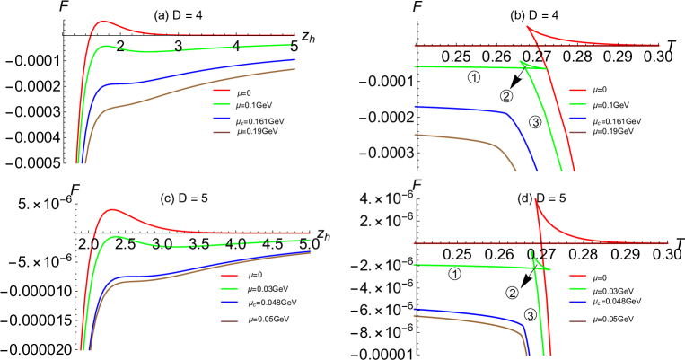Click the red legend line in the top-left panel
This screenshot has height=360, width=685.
coord(222,90)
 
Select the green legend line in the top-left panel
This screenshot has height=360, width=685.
coord(222,104)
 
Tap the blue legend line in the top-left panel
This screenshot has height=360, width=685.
coord(222,119)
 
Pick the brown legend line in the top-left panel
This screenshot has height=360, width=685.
coord(222,132)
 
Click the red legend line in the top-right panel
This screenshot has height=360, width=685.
coord(577,90)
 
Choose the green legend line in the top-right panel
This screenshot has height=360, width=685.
coord(577,104)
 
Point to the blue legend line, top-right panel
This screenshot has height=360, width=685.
coord(577,119)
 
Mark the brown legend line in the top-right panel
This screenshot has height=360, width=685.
coord(577,132)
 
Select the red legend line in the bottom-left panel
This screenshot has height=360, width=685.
coord(230,276)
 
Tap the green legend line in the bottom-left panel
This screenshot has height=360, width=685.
coord(230,289)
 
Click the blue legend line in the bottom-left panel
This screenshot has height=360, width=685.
coord(230,303)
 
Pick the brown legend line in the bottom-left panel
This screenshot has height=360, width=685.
coord(230,320)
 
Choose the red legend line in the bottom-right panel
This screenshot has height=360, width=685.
coord(577,276)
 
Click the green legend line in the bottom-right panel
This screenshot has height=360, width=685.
coord(577,289)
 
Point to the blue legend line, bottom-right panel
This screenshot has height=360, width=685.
coord(577,303)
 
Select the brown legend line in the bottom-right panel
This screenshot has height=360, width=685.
coord(577,320)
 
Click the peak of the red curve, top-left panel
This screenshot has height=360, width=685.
coord(104,21)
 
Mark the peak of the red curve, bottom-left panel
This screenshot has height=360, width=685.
coord(111,209)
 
